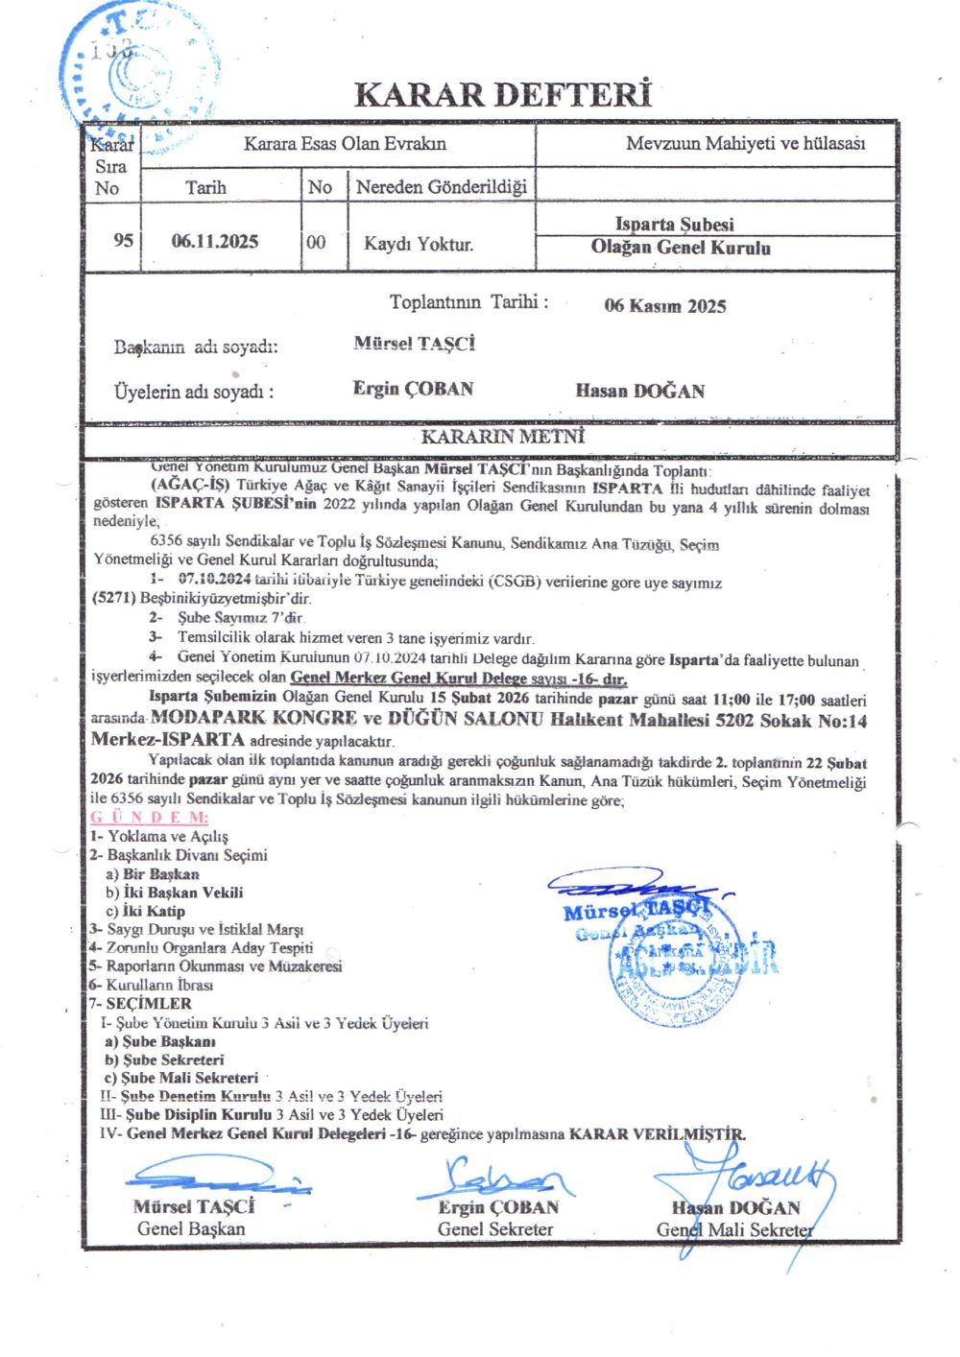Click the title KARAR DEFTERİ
pos(503,95)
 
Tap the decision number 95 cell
pos(123,240)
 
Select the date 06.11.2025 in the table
pos(215,242)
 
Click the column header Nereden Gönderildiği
pos(441,187)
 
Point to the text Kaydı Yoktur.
pos(418,244)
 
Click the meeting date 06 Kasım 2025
pos(665,306)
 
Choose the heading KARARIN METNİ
pos(503,437)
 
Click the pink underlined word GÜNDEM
pos(149,818)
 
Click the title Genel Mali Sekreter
pos(734,1229)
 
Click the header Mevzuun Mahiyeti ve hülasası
pos(745,144)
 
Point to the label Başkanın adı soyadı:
pos(196,346)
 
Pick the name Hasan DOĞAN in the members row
pos(640,391)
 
